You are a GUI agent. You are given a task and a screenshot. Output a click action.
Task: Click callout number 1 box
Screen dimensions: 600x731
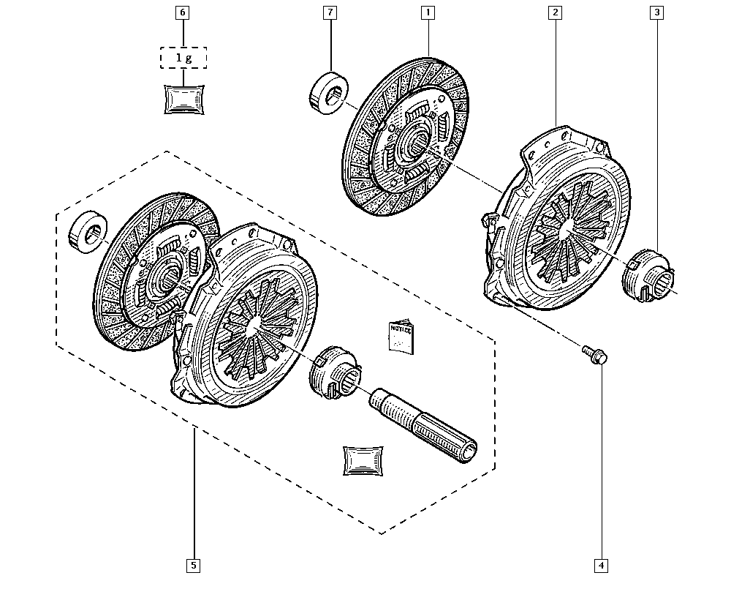pyautogui.click(x=427, y=12)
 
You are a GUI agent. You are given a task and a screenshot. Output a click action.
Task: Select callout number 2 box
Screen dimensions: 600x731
pyautogui.click(x=556, y=12)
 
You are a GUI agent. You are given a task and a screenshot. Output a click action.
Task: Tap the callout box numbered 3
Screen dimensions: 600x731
pyautogui.click(x=658, y=12)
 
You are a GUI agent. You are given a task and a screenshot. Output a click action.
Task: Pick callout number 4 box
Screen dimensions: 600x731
pyautogui.click(x=601, y=565)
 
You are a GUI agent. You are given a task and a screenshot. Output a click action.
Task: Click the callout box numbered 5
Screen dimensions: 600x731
pyautogui.click(x=194, y=565)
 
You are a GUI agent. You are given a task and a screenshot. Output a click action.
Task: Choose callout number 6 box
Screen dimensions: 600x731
pyautogui.click(x=183, y=12)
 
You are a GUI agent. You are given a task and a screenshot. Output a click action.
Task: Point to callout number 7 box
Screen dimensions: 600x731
pyautogui.click(x=330, y=12)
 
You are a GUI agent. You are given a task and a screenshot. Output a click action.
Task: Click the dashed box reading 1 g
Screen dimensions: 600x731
pyautogui.click(x=183, y=58)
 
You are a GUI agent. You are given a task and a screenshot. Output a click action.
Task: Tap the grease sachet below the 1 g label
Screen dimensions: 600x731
pyautogui.click(x=183, y=99)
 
